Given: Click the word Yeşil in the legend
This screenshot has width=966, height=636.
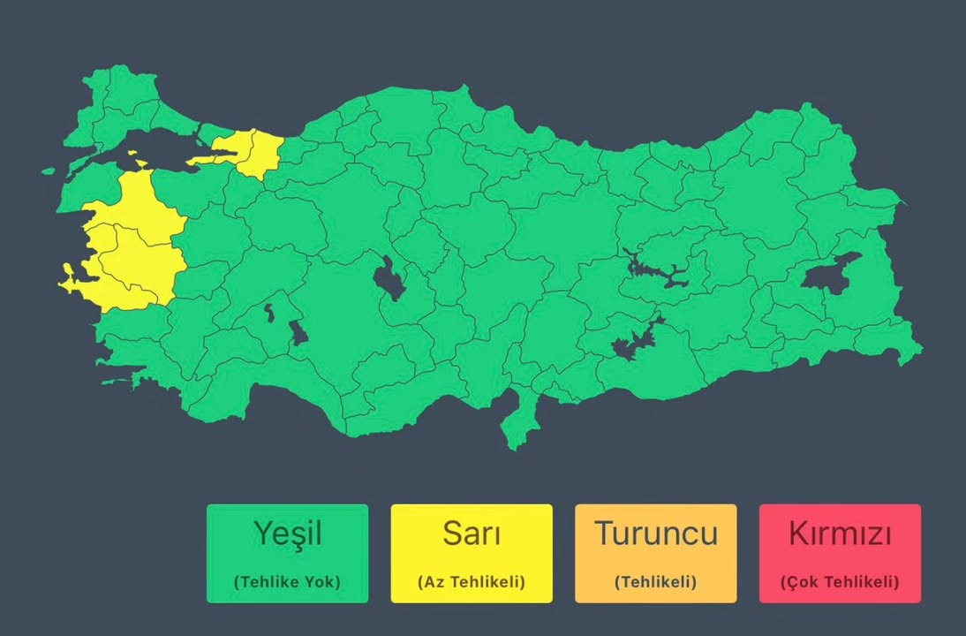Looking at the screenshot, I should [287, 534].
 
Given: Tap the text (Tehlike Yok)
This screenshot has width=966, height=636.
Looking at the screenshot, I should [287, 582].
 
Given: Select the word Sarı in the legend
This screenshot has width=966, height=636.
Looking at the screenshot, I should [472, 534].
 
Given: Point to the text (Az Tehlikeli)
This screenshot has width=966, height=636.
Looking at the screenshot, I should [472, 582].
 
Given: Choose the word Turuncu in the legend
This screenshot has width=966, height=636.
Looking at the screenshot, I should [655, 534].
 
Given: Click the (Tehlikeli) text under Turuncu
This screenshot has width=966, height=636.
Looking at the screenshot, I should [655, 582].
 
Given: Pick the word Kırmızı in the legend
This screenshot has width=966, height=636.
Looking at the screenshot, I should [840, 534].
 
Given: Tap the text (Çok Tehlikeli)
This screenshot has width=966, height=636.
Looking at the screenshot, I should [840, 582].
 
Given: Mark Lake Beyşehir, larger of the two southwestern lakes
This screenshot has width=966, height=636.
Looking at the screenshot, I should [298, 333].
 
